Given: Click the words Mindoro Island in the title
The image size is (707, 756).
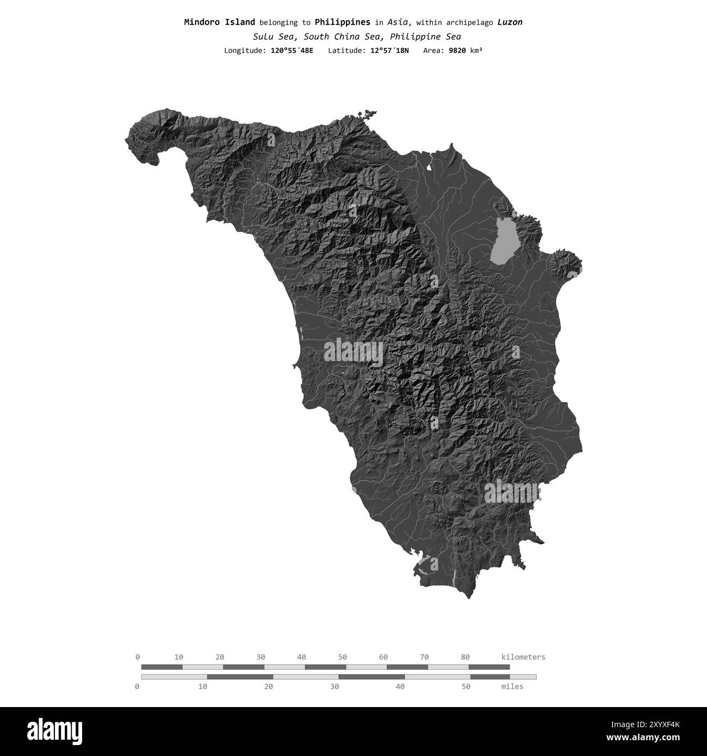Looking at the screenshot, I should click(219, 22).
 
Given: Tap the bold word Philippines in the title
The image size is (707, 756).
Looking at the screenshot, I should click(342, 22).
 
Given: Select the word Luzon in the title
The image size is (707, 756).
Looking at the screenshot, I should click(510, 22).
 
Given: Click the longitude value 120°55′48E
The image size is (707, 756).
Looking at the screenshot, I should click(292, 51).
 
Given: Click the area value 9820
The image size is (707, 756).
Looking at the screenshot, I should click(456, 51).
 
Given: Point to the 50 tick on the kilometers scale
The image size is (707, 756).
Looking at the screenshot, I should click(343, 657).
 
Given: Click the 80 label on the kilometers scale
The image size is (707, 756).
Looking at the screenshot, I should click(465, 657).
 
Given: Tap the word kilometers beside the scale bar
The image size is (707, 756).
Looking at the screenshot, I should click(523, 657).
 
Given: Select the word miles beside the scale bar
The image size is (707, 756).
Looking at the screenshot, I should click(512, 686).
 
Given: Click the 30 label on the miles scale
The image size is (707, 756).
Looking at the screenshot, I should click(334, 686).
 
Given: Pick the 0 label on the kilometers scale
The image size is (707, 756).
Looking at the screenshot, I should click(138, 657).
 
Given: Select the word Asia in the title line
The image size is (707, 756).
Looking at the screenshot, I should click(399, 22).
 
